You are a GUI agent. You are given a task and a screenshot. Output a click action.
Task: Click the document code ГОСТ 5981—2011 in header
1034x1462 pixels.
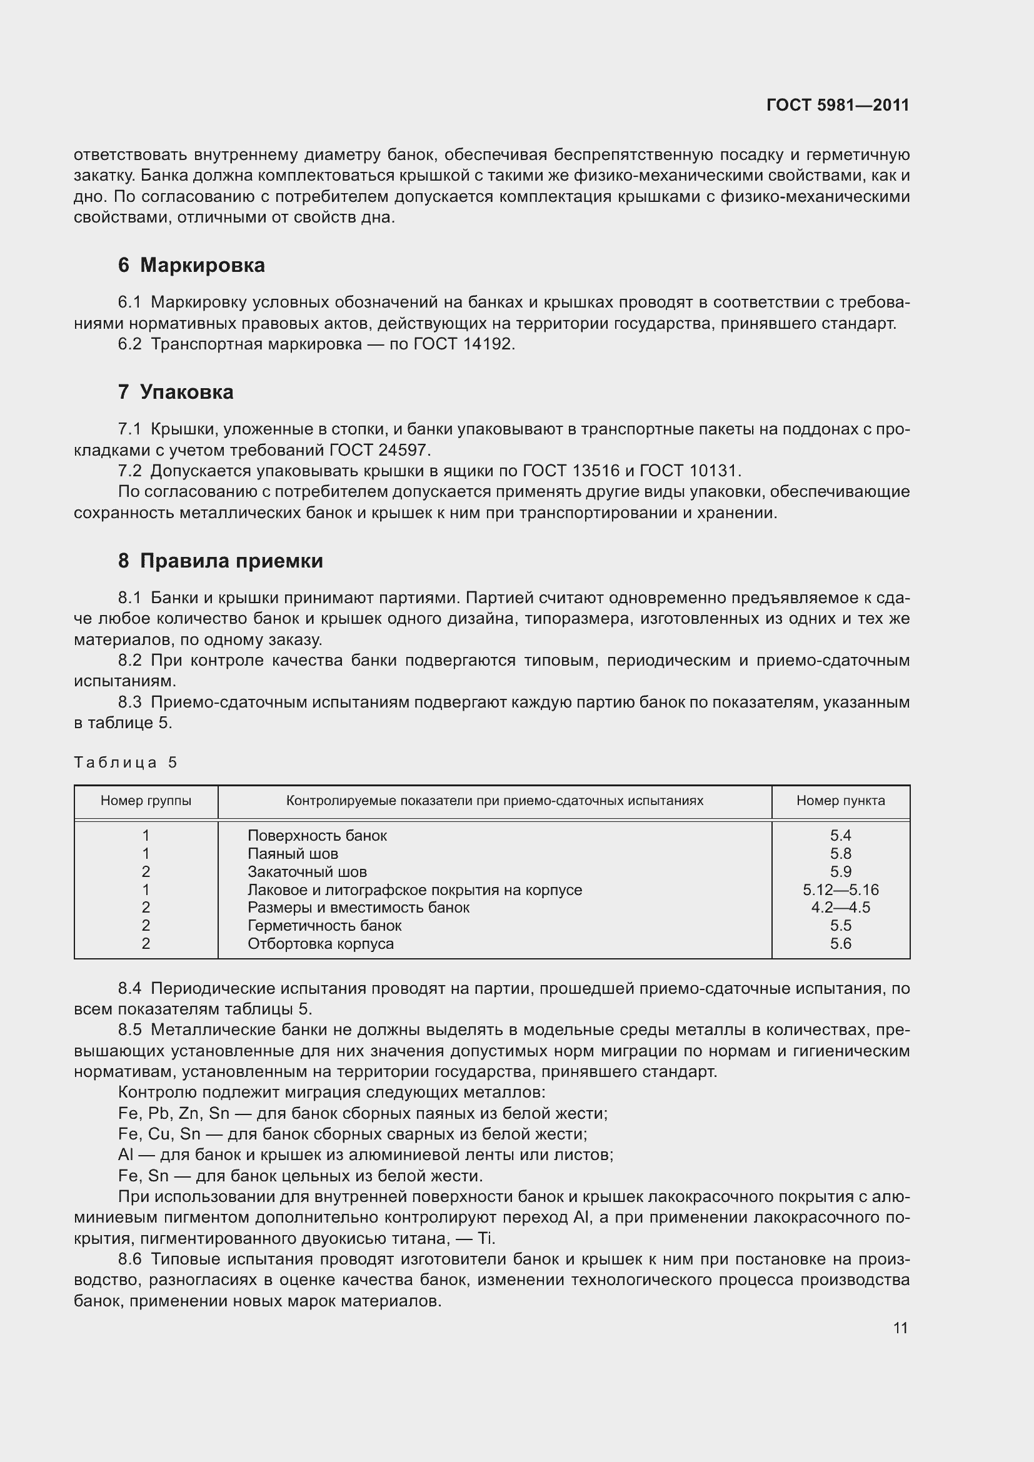838,105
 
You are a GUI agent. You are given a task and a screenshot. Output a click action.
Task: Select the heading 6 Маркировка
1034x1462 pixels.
191,265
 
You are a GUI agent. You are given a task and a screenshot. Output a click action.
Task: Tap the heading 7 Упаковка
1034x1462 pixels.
175,392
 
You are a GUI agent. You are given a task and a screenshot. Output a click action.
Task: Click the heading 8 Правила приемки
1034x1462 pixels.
220,560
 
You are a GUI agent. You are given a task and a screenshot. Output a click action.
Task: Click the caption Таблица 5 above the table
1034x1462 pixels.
126,762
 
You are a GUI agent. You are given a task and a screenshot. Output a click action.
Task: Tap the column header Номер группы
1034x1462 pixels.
146,801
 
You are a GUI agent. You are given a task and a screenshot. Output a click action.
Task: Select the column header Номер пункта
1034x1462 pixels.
840,801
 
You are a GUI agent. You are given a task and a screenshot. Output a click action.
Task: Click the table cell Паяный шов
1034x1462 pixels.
293,853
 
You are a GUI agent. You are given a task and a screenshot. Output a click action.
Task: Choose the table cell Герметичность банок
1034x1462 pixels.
324,925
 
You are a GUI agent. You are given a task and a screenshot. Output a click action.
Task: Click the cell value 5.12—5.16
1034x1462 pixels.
840,889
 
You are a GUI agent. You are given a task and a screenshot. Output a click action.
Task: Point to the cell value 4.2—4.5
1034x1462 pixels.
840,908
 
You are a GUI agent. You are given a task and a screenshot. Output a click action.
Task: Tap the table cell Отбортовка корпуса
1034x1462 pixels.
320,944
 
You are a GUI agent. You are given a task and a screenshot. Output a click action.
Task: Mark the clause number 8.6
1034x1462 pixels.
130,1259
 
